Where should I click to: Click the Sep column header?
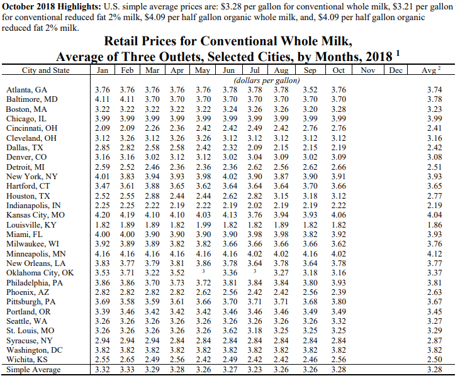[x=310, y=70]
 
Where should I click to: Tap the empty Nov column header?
[x=368, y=70]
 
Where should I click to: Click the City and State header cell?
[x=46, y=70]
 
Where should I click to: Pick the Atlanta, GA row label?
[x=26, y=89]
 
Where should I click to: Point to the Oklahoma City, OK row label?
[x=40, y=273]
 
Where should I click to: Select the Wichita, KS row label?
[x=27, y=359]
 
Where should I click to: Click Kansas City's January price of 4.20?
[x=102, y=215]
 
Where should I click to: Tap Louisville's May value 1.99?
[x=203, y=224]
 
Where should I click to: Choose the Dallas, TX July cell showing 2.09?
[x=255, y=147]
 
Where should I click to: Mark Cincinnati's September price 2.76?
[x=310, y=128]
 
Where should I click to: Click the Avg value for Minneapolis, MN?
[x=434, y=253]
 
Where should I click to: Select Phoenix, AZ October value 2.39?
[x=339, y=292]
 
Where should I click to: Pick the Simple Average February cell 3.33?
[x=127, y=368]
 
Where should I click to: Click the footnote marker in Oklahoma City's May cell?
[x=203, y=272]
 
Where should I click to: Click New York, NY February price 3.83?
[x=127, y=177]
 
